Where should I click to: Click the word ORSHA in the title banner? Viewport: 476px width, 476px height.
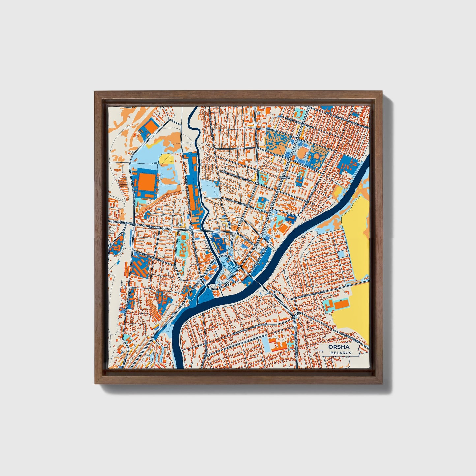point(339,347)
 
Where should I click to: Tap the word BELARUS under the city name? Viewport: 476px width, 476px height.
point(341,353)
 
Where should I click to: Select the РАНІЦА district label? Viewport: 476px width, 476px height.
point(284,178)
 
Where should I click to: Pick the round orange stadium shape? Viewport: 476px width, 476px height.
point(301,153)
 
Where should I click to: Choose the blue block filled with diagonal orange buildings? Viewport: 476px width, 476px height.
point(140,267)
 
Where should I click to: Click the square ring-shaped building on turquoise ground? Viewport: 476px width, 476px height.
point(262,203)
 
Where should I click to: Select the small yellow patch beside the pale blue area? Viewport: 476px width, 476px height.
point(166,159)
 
